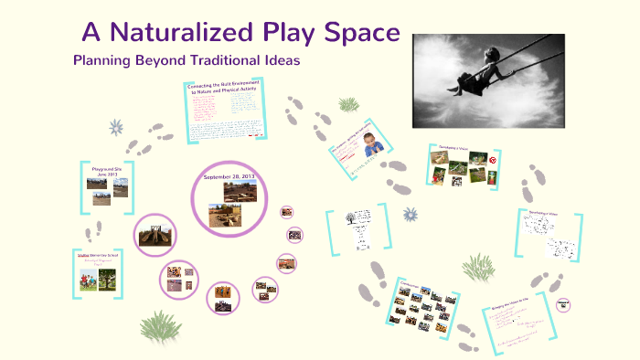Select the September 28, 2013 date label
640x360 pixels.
[229, 176]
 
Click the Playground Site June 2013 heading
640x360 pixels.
[107, 170]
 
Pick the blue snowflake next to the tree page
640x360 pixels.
[410, 215]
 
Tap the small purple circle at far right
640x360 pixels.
[563, 304]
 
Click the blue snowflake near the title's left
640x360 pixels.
[116, 127]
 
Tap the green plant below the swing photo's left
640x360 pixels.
[348, 103]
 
